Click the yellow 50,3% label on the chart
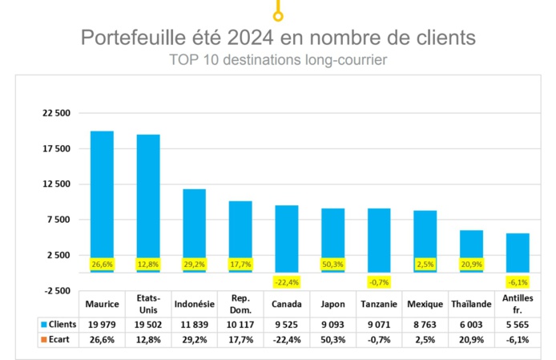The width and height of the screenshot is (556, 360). pyautogui.click(x=332, y=264)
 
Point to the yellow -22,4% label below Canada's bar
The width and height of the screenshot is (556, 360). pyautogui.click(x=287, y=282)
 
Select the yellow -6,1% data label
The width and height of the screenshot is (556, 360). pyautogui.click(x=518, y=282)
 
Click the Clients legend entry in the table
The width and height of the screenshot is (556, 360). pyautogui.click(x=56, y=325)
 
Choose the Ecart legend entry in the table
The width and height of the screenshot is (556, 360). pyautogui.click(x=54, y=340)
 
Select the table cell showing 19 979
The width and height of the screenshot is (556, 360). pyautogui.click(x=102, y=325)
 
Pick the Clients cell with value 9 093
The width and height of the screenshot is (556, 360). pyautogui.click(x=332, y=325)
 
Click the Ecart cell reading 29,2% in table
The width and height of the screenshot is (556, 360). pyautogui.click(x=194, y=340)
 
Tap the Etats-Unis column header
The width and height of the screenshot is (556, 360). pyautogui.click(x=148, y=305)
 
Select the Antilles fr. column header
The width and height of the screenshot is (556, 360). pyautogui.click(x=518, y=305)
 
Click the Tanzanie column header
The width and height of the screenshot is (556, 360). pyautogui.click(x=379, y=305)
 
